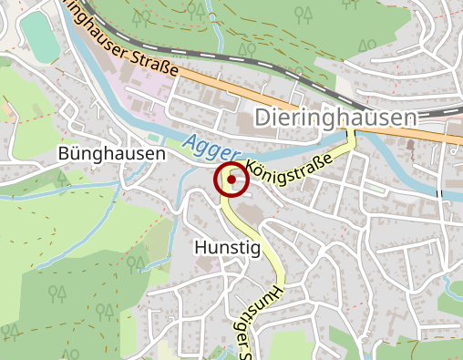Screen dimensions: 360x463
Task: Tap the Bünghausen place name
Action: point(111,154)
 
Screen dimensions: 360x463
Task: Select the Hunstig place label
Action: point(227,247)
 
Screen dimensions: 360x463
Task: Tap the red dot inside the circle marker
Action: point(231,180)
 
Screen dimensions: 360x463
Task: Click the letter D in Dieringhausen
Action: point(262,118)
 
